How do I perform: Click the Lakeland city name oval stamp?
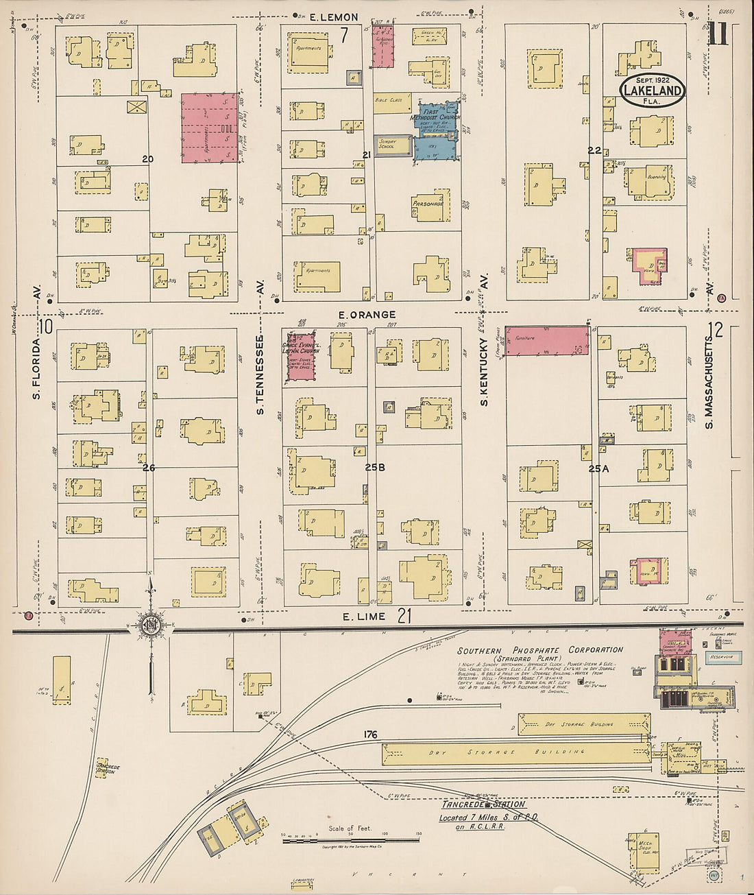click(653, 91)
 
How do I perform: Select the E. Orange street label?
click(367, 315)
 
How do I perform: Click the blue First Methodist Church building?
click(437, 130)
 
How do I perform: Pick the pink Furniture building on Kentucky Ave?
click(546, 341)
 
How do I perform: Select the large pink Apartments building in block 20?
click(210, 128)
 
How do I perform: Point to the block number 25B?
click(375, 468)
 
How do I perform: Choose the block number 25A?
click(598, 469)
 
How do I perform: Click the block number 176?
click(371, 735)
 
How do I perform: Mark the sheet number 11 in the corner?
click(718, 34)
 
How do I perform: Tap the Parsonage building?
click(431, 204)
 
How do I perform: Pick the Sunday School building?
click(392, 145)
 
